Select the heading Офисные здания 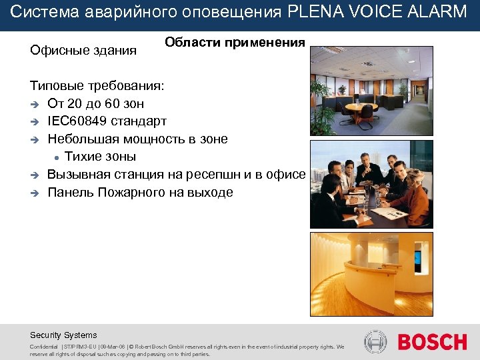83,50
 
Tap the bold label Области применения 235,43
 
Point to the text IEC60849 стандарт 107,121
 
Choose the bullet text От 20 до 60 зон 95,104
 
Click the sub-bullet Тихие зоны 100,157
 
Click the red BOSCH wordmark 432,342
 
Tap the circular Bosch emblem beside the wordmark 376,342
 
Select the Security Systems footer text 63,335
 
